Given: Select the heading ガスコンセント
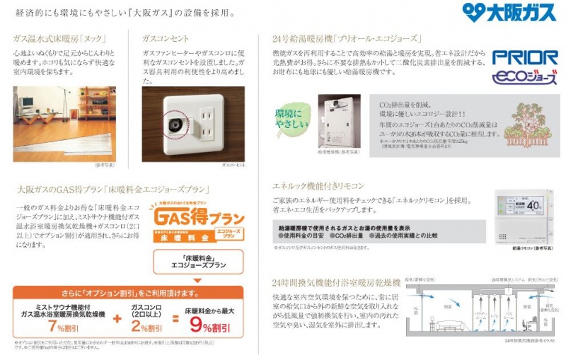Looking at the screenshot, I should pyautogui.click(x=166, y=38).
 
